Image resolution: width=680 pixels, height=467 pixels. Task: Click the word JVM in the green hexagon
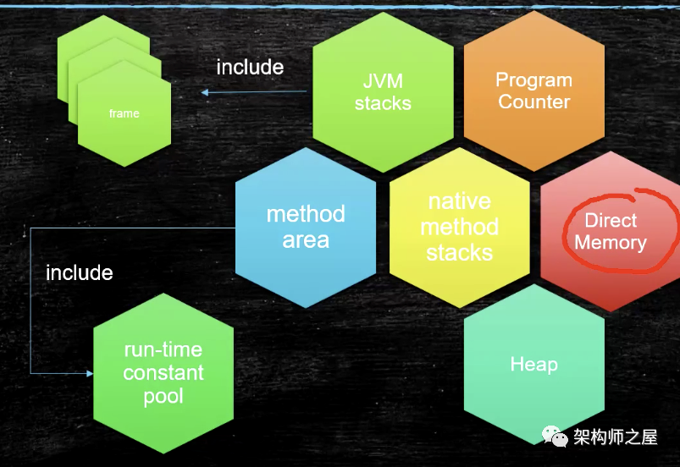[383, 81]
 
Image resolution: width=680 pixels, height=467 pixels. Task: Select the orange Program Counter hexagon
[533, 91]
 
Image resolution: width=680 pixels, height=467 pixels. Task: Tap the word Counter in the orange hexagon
[533, 102]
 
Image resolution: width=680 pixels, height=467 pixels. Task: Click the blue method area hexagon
[306, 228]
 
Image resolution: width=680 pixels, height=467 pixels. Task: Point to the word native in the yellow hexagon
[460, 201]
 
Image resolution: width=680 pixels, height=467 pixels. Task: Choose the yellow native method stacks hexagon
[460, 228]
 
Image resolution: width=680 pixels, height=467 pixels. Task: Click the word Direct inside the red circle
[611, 221]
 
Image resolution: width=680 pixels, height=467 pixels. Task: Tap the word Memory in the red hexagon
[611, 243]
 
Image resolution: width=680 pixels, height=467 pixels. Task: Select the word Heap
[533, 365]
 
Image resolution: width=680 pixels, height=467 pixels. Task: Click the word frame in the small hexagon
[124, 113]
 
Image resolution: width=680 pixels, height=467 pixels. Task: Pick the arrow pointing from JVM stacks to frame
[254, 92]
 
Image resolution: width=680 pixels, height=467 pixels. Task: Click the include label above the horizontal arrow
[250, 67]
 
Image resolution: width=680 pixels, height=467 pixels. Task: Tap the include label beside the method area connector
[80, 272]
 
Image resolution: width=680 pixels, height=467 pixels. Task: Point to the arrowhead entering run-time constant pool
[91, 373]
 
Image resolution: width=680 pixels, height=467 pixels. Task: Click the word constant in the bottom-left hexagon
[163, 373]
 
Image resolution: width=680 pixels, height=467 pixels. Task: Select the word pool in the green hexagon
[163, 397]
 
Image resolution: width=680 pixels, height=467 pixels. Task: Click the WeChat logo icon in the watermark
[555, 436]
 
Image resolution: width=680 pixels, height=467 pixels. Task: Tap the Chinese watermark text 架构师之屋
[616, 437]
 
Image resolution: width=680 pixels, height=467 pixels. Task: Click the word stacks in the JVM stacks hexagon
[383, 103]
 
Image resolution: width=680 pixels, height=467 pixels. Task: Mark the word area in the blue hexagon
[306, 240]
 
